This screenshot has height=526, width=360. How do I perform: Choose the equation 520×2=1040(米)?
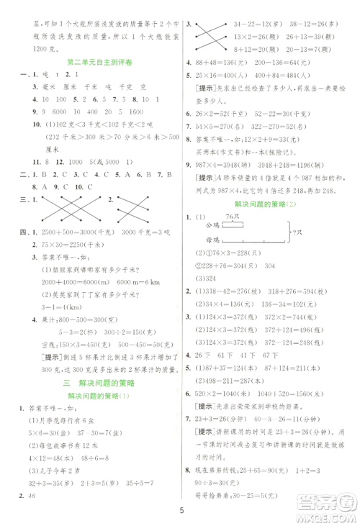[225, 374]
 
